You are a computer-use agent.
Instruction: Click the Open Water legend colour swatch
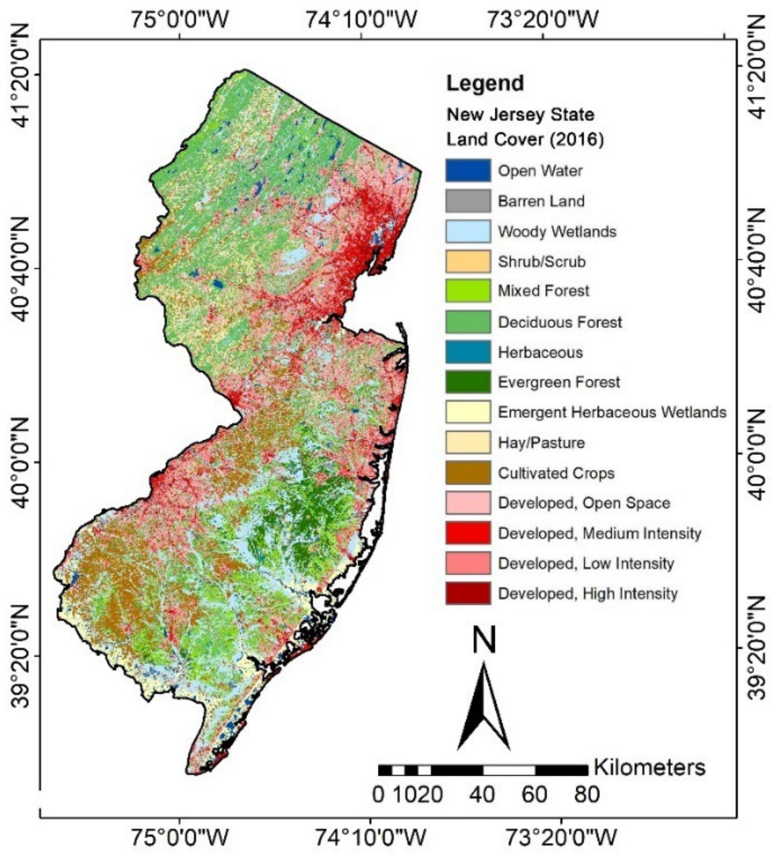coord(468,171)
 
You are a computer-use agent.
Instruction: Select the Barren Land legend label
coord(541,201)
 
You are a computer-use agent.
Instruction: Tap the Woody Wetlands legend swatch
coord(468,231)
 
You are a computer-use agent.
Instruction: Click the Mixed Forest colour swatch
coord(468,291)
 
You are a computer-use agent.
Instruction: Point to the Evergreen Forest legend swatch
coord(468,382)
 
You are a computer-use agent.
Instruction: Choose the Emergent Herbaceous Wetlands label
coord(612,412)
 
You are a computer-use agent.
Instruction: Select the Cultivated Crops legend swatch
coord(468,473)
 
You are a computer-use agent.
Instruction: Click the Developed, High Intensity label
coord(587,593)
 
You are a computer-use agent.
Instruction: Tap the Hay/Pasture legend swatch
coord(468,442)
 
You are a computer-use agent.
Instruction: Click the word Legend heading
coord(485,83)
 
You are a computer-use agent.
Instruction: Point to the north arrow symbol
coord(484,707)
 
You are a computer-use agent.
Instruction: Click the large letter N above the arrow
coord(484,640)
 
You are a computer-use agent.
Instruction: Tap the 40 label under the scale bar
coord(482,794)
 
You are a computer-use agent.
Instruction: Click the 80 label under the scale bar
coord(587,794)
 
